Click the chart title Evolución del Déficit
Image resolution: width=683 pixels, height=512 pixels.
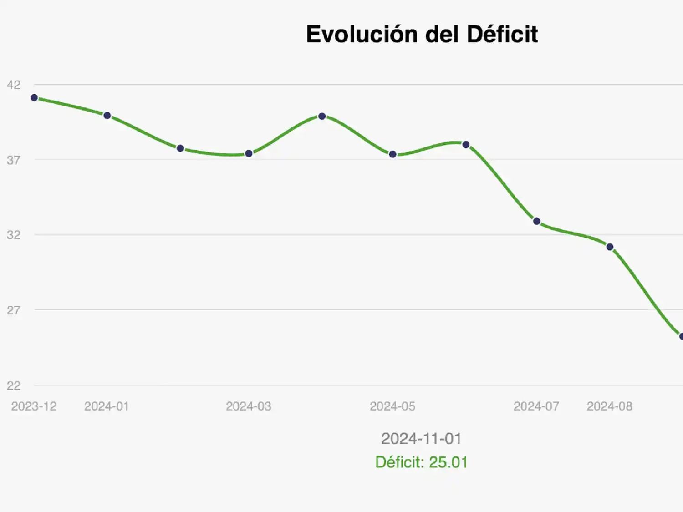pyautogui.click(x=422, y=35)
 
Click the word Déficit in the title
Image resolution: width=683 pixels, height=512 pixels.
pyautogui.click(x=502, y=35)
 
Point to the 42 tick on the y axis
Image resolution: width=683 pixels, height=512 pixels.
pyautogui.click(x=14, y=85)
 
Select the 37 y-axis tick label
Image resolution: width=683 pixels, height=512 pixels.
pyautogui.click(x=14, y=160)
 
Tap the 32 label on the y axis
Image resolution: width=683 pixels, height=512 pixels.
pyautogui.click(x=14, y=235)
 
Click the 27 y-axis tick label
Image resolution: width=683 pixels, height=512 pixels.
pyautogui.click(x=14, y=310)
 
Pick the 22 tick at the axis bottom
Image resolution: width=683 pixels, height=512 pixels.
pyautogui.click(x=14, y=385)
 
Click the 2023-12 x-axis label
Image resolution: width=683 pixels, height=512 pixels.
pyautogui.click(x=34, y=406)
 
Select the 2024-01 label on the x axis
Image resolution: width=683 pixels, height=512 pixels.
pyautogui.click(x=107, y=406)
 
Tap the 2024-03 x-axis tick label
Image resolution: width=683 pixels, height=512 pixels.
pyautogui.click(x=248, y=406)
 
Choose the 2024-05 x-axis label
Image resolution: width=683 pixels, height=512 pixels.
pyautogui.click(x=392, y=406)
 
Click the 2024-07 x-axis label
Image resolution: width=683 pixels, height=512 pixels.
pyautogui.click(x=536, y=406)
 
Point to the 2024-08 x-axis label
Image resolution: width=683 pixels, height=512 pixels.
pyautogui.click(x=609, y=406)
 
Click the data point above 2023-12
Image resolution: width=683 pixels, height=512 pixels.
pyautogui.click(x=34, y=97)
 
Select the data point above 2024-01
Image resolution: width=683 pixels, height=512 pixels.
pyautogui.click(x=107, y=116)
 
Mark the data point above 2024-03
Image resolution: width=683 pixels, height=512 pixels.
pyautogui.click(x=249, y=153)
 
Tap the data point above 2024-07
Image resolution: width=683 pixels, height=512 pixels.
pyautogui.click(x=537, y=221)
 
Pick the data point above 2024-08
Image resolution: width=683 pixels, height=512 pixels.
pyautogui.click(x=610, y=247)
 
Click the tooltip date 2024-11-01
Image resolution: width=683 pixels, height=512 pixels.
pyautogui.click(x=421, y=438)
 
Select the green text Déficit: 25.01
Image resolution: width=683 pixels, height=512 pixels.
pyautogui.click(x=421, y=462)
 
